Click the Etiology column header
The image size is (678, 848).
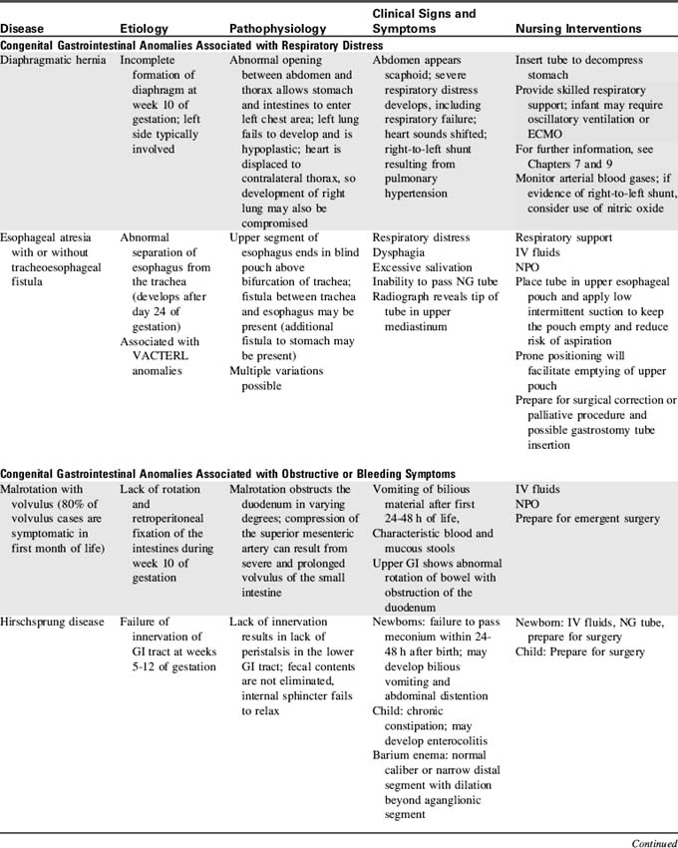pyautogui.click(x=144, y=30)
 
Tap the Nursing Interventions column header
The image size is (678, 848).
pyautogui.click(x=578, y=30)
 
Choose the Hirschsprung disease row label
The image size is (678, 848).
pyautogui.click(x=52, y=623)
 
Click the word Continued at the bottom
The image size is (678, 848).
pyautogui.click(x=654, y=843)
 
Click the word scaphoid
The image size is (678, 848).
pyautogui.click(x=397, y=75)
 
